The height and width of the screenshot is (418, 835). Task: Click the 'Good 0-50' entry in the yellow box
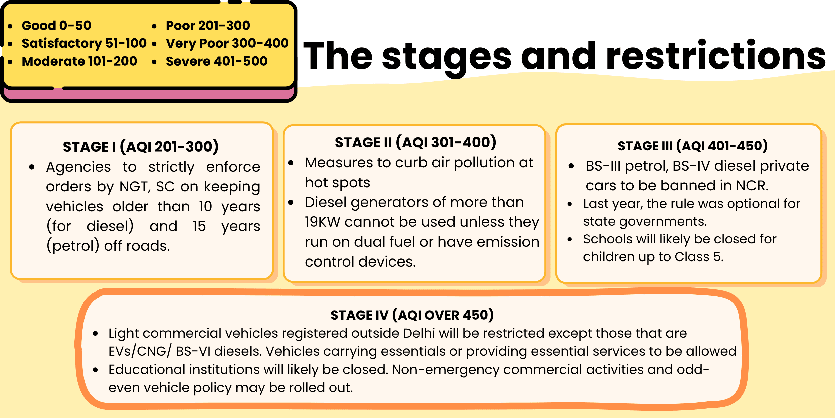[56, 26]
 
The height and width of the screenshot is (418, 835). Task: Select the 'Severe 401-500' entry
[216, 61]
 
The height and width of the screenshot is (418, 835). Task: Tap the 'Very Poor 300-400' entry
[227, 43]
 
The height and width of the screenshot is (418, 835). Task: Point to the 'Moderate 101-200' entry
[79, 61]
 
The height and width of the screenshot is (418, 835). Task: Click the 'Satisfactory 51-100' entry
[84, 43]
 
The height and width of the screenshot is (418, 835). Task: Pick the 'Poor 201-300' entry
[208, 26]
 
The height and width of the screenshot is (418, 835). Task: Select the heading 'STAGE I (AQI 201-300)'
[141, 147]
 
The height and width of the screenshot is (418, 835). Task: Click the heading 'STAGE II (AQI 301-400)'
[415, 143]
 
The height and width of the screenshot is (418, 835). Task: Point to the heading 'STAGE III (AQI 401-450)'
[692, 146]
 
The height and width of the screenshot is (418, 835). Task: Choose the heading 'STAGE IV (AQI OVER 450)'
[412, 315]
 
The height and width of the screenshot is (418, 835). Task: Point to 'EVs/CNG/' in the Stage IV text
[140, 351]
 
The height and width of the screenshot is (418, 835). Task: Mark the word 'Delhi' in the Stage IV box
[419, 333]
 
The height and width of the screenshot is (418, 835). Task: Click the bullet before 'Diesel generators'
[291, 203]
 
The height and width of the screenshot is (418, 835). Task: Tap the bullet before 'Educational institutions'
[96, 370]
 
